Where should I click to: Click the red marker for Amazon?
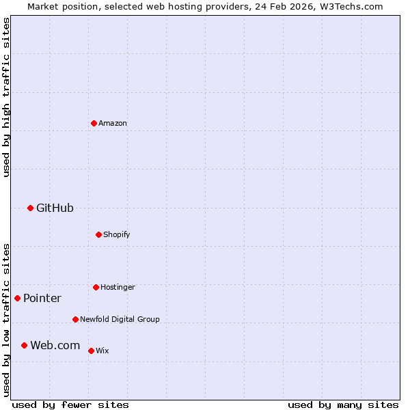pyautogui.click(x=94, y=123)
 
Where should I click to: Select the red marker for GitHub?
pyautogui.click(x=30, y=208)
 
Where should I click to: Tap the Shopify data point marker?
pyautogui.click(x=98, y=234)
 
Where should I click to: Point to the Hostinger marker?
pyautogui.click(x=96, y=287)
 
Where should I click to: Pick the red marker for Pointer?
pyautogui.click(x=17, y=298)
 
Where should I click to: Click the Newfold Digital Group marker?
pyautogui.click(x=75, y=319)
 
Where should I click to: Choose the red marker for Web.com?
pyautogui.click(x=24, y=345)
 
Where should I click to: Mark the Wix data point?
pyautogui.click(x=91, y=351)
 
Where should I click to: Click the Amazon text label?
pyautogui.click(x=113, y=124)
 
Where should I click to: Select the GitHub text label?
pyautogui.click(x=55, y=208)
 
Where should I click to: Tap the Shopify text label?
pyautogui.click(x=117, y=235)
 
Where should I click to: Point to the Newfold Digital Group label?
pyautogui.click(x=120, y=320)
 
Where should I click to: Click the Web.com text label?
pyautogui.click(x=55, y=346)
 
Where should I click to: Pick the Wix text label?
pyautogui.click(x=102, y=351)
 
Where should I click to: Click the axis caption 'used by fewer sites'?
pyautogui.click(x=70, y=405)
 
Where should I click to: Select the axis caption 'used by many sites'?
pyautogui.click(x=343, y=405)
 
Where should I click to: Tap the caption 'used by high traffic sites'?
pyautogui.click(x=7, y=97)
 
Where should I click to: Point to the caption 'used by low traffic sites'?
pyautogui.click(x=7, y=320)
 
